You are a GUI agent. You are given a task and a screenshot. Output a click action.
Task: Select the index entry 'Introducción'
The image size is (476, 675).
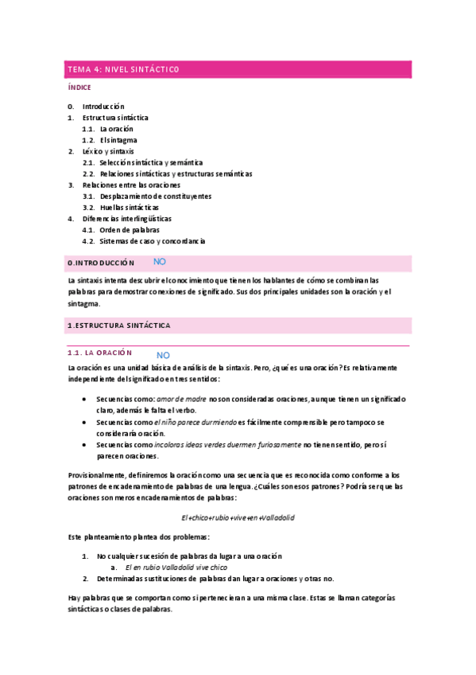point(103,106)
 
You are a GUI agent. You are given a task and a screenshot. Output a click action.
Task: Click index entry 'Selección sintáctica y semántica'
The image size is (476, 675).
point(151,162)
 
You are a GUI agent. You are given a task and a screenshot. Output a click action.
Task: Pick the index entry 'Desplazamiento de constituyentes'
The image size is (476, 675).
point(156,196)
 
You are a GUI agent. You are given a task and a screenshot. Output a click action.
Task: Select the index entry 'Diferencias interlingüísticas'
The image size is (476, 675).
point(127,218)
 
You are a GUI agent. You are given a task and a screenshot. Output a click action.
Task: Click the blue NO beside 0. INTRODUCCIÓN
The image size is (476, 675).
point(159,261)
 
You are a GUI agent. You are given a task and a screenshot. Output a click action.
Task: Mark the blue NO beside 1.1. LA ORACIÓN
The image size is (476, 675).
point(163,355)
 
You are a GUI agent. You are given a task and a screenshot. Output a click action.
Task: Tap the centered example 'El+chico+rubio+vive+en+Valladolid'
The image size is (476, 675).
point(238,517)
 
